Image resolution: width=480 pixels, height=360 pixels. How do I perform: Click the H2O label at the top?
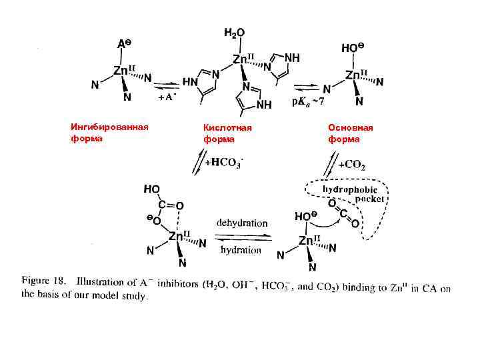click(234, 32)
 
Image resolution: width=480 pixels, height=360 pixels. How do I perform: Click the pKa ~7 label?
click(308, 102)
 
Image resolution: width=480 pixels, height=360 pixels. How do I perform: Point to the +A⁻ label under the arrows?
click(167, 97)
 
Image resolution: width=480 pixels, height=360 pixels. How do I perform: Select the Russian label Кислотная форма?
click(228, 133)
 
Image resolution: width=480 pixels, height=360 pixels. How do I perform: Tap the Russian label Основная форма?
click(351, 133)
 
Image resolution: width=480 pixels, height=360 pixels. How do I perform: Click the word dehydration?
click(242, 223)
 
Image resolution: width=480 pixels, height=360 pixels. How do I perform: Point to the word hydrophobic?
click(350, 190)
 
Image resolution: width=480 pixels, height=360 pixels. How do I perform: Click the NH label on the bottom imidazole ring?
click(265, 105)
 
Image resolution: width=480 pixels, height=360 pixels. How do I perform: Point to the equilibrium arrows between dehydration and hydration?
click(242, 237)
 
